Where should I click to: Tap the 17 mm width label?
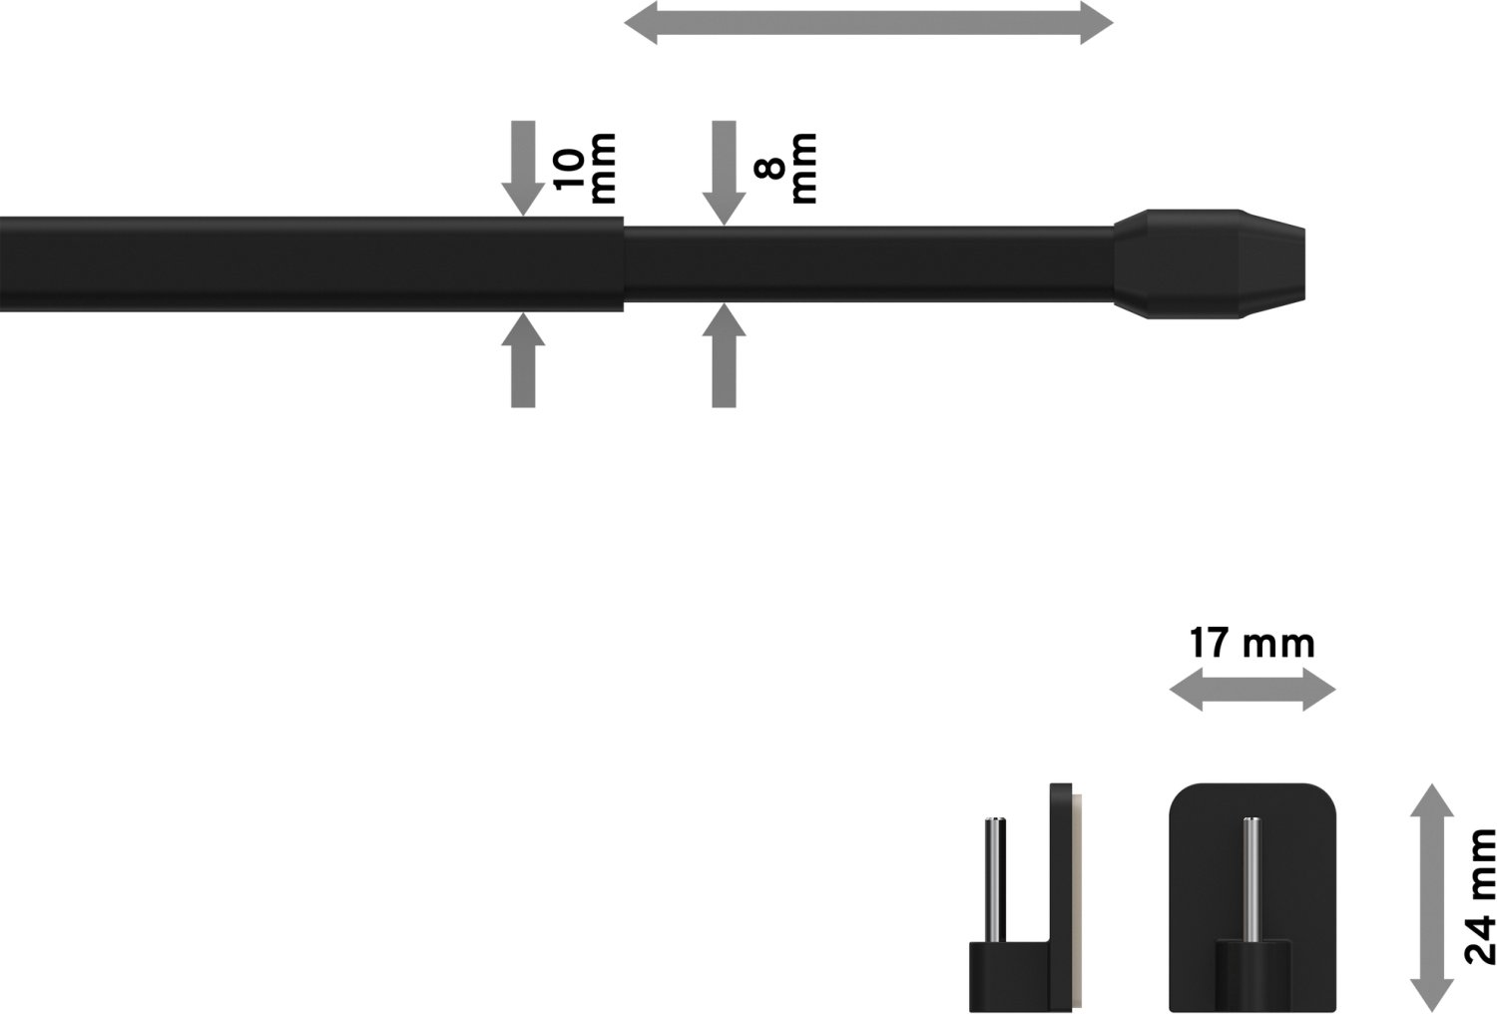[1251, 643]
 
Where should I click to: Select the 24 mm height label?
[1479, 896]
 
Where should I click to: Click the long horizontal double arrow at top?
[868, 23]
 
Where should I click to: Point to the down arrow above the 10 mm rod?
[523, 169]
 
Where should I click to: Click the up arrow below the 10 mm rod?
[523, 360]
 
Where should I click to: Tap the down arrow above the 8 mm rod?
[724, 173]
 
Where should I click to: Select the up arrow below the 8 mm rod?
[724, 355]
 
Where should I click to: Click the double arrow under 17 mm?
[1251, 690]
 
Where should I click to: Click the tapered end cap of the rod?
[1209, 264]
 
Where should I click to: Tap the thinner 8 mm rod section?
[869, 264]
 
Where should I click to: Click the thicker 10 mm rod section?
[311, 264]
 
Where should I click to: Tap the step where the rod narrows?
[624, 264]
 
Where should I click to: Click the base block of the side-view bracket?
[1009, 976]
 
